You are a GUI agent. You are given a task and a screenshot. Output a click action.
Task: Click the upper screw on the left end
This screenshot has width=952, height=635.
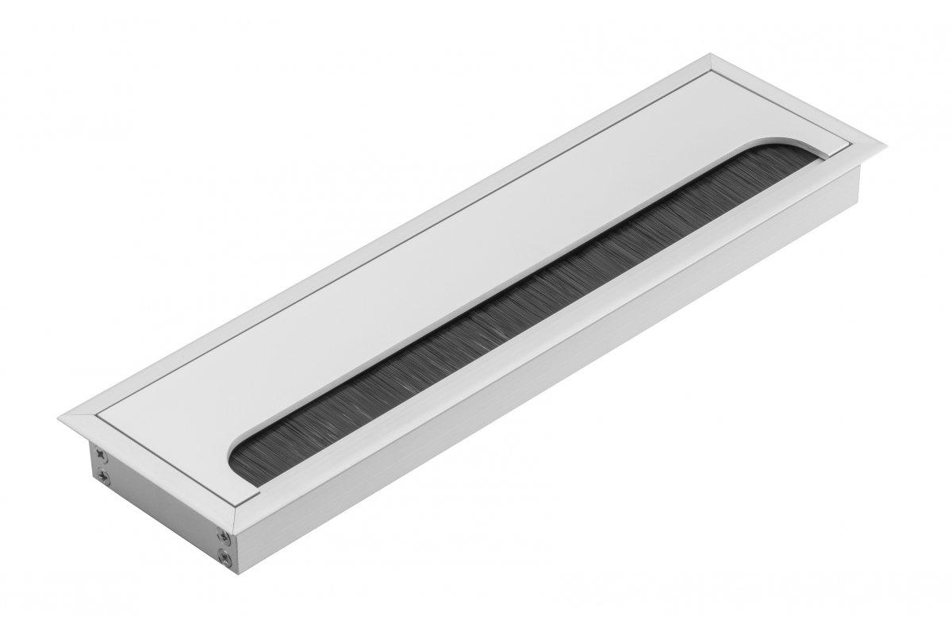[x=101, y=453]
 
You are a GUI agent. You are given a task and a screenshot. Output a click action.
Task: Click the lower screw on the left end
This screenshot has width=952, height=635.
[x=103, y=476]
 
